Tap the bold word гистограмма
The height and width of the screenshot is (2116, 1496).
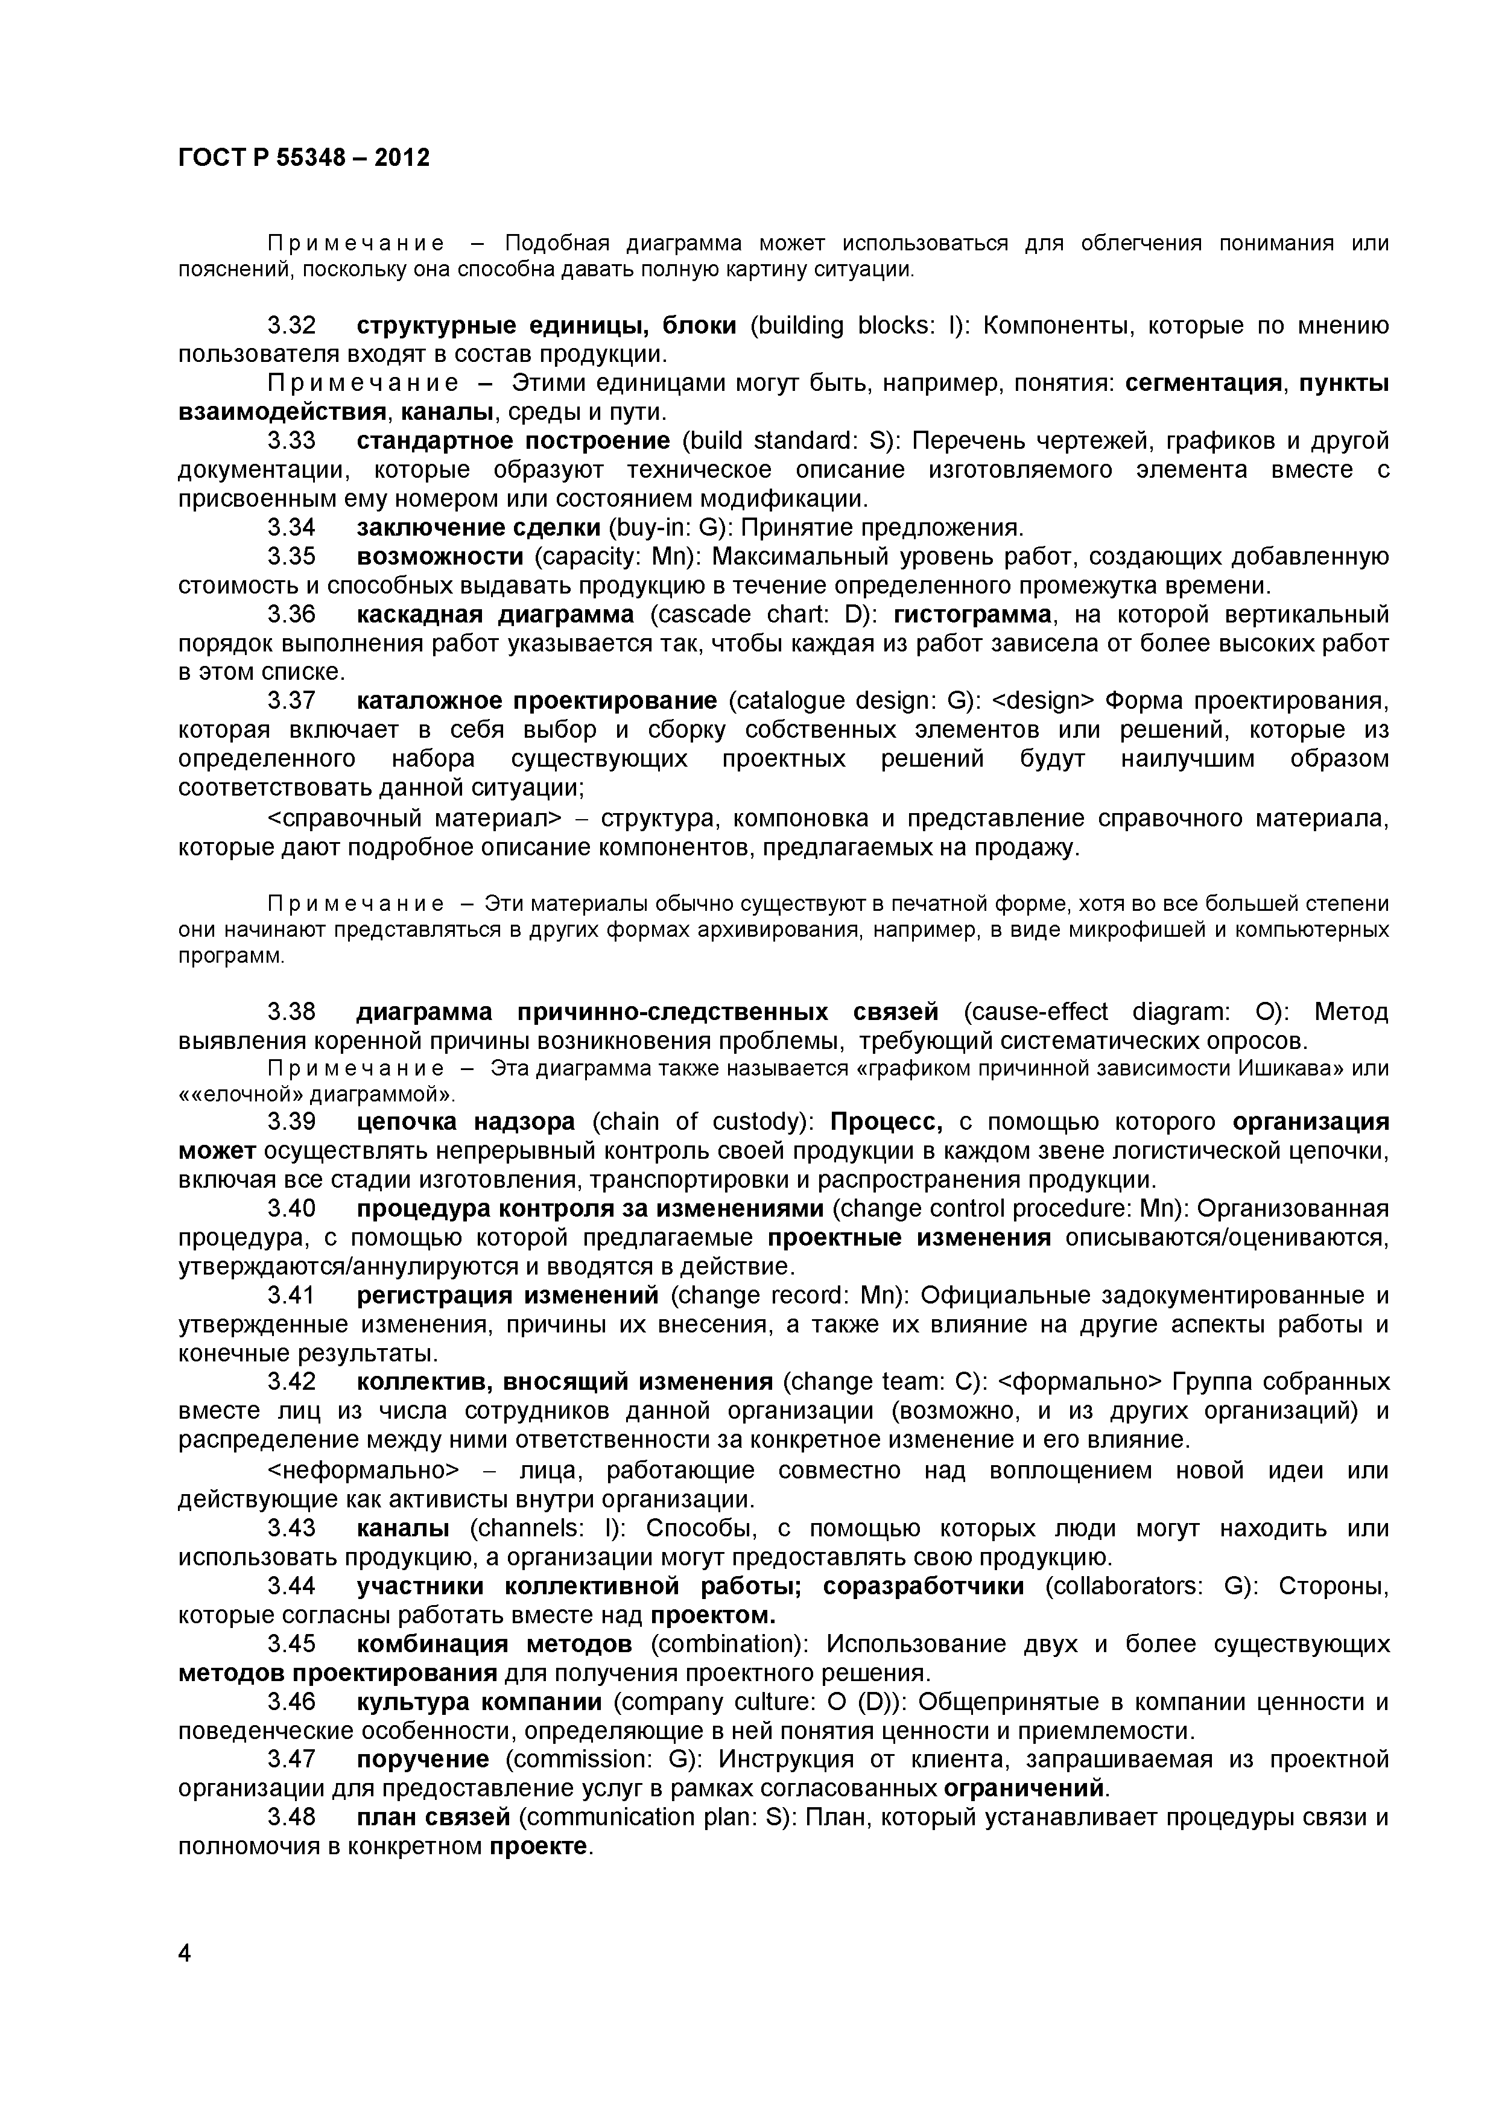click(x=972, y=615)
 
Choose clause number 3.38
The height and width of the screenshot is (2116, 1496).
click(x=291, y=1013)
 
